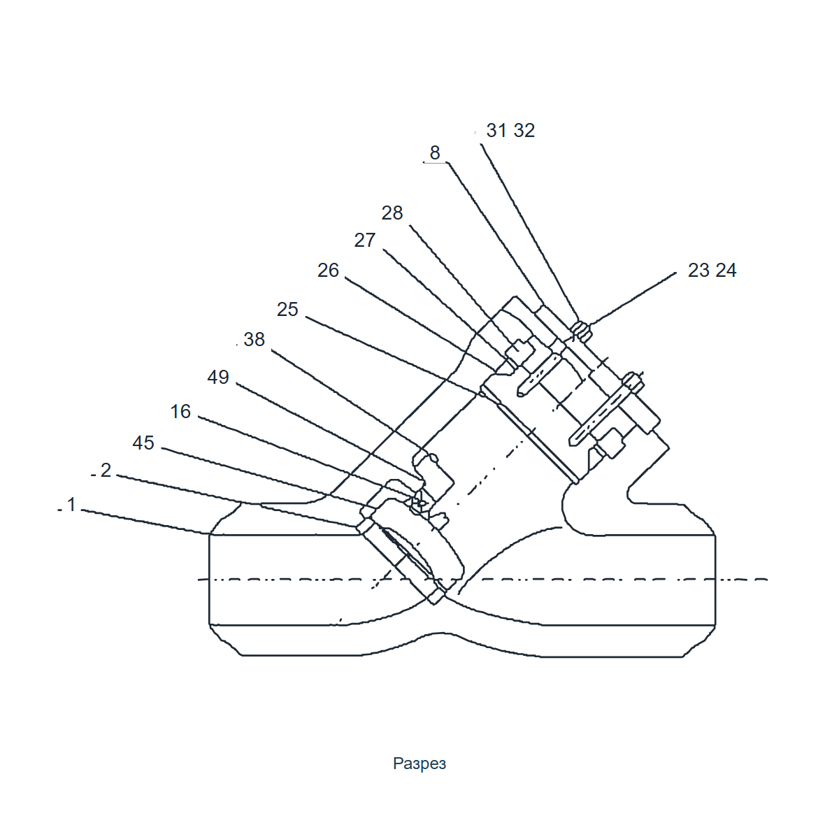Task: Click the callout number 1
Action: (71, 505)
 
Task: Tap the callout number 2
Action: (106, 471)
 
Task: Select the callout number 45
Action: (143, 443)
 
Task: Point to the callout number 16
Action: (180, 411)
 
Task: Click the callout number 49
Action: (218, 377)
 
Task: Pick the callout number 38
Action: (254, 340)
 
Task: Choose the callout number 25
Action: (287, 310)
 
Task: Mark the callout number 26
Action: (328, 271)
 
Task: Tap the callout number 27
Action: (365, 241)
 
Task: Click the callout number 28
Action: (392, 213)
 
